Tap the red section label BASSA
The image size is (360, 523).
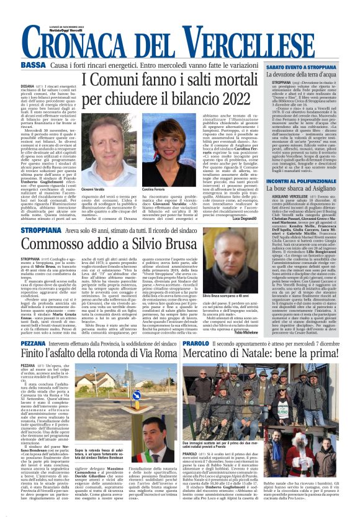tap(33, 65)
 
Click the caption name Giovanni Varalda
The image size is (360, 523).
tap(93, 189)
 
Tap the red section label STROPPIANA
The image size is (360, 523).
tap(41, 230)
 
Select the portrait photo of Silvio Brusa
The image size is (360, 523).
tap(234, 268)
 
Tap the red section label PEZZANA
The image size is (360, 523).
tap(33, 343)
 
